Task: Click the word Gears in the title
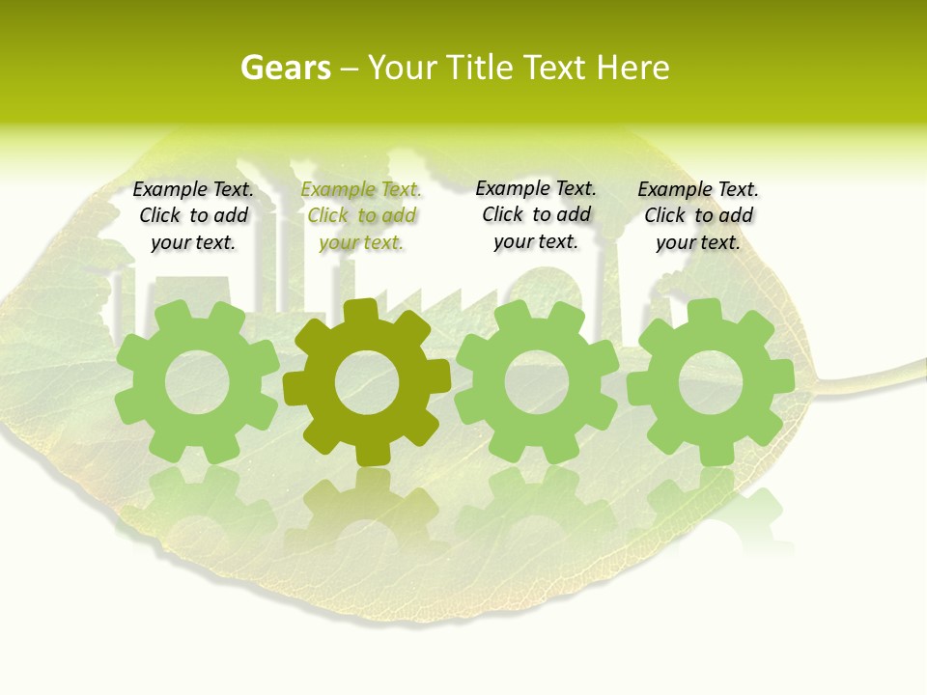click(x=285, y=68)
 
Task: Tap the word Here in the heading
click(x=632, y=68)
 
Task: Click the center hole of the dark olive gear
click(x=367, y=382)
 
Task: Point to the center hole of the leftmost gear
click(x=197, y=382)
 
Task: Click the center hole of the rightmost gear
click(x=710, y=382)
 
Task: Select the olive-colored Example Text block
click(x=361, y=216)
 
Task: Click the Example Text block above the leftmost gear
click(x=193, y=216)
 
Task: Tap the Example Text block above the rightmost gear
click(x=698, y=216)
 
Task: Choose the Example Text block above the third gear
click(x=536, y=215)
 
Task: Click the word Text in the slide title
click(x=555, y=68)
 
